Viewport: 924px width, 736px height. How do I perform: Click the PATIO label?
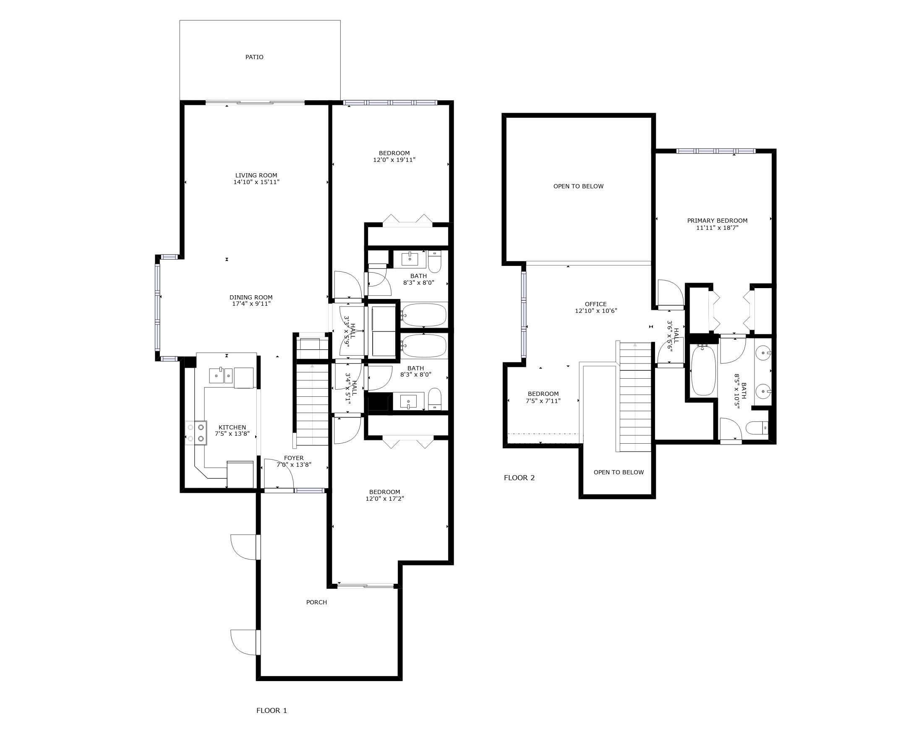(254, 57)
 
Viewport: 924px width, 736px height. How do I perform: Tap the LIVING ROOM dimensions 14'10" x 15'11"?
(256, 182)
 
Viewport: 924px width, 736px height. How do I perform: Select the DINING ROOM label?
(251, 297)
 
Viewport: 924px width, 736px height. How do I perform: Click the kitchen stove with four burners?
(196, 432)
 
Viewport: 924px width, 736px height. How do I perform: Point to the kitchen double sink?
(221, 376)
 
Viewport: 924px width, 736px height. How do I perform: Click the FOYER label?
(294, 458)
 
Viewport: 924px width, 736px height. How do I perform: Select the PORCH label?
(316, 602)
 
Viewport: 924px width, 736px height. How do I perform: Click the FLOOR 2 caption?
(519, 478)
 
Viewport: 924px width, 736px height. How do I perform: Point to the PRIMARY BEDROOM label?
(717, 221)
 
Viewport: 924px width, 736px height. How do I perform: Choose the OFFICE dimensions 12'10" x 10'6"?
(596, 311)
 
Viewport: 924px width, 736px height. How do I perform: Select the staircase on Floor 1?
(312, 403)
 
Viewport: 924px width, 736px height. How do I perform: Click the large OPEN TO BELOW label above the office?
(578, 186)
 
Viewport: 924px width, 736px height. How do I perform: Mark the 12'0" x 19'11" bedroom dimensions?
(394, 160)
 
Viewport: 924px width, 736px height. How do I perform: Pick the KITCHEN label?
(232, 427)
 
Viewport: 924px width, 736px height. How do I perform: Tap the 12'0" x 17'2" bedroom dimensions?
(384, 499)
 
